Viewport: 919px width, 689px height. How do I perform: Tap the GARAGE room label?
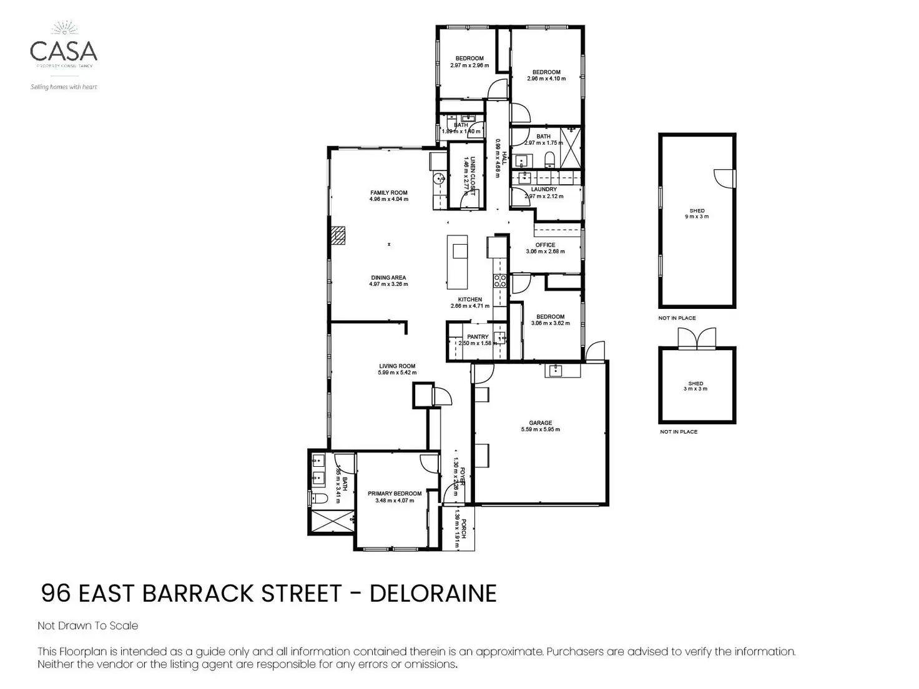coord(540,423)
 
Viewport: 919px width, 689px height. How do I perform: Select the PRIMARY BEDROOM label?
coord(394,494)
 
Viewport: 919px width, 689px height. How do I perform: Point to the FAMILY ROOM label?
coord(388,193)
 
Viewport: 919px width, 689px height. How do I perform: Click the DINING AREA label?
coord(388,278)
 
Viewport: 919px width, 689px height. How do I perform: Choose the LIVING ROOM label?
coord(396,366)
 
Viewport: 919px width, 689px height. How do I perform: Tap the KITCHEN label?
coord(469,300)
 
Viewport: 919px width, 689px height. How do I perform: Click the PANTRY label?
coord(478,337)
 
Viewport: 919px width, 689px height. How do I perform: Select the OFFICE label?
coord(545,245)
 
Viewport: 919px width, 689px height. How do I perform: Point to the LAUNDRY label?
coord(544,190)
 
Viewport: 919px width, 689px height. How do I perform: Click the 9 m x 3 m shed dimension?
coord(697,217)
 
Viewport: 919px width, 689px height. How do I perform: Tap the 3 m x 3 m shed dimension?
coord(695,389)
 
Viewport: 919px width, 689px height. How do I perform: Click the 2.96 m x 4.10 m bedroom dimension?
coord(546,79)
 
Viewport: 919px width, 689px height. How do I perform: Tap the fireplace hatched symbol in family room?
coord(338,236)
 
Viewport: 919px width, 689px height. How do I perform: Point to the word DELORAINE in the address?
coord(433,594)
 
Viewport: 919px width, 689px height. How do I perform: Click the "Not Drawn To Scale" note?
coord(88,625)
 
